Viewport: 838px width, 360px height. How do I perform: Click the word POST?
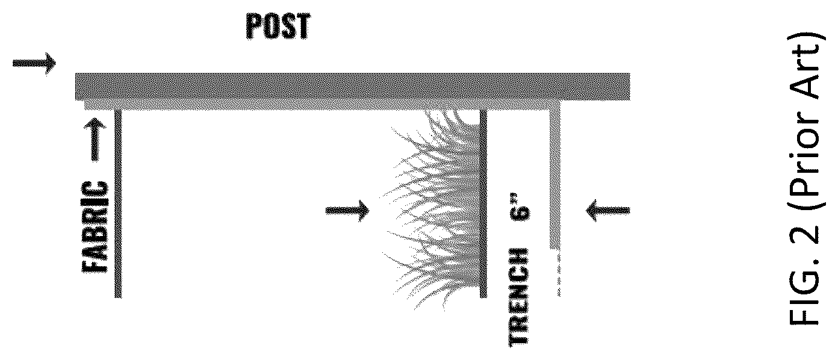point(278,26)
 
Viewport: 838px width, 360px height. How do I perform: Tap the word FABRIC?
point(94,227)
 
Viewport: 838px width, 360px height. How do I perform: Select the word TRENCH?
point(518,297)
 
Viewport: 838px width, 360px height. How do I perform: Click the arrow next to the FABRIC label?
point(95,140)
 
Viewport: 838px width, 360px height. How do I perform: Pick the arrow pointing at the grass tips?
point(347,211)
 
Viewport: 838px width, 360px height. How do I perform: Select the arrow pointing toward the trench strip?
point(608,211)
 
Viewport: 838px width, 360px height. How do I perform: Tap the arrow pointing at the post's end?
point(34,63)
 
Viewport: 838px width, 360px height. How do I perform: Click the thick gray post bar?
point(352,87)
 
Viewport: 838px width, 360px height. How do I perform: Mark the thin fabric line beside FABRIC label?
point(118,203)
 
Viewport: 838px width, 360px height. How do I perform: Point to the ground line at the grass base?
point(483,203)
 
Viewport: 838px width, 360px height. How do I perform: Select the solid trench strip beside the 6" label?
point(555,179)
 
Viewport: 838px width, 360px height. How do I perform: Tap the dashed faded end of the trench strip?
point(559,275)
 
